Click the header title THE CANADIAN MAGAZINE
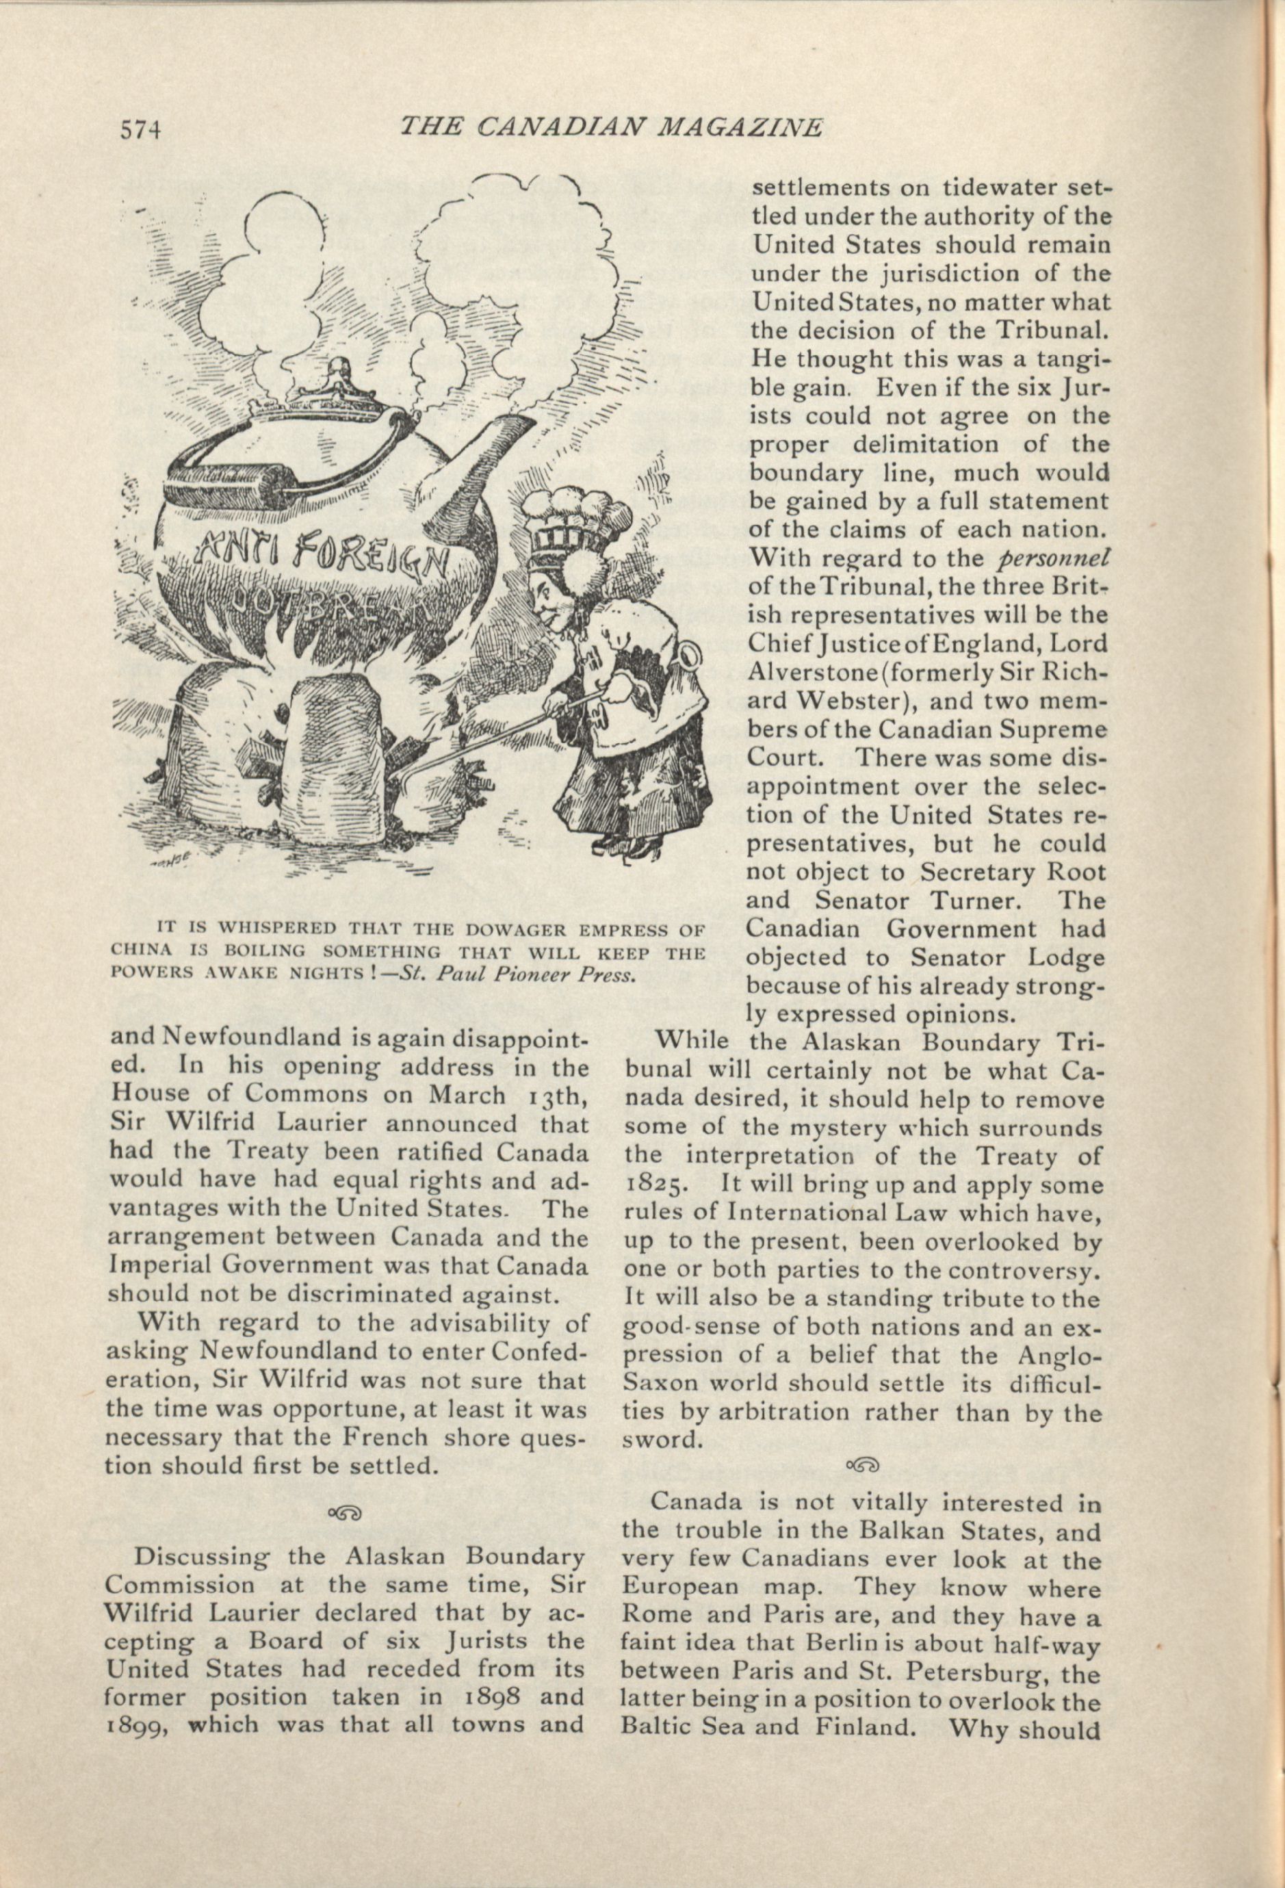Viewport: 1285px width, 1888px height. tap(612, 127)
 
